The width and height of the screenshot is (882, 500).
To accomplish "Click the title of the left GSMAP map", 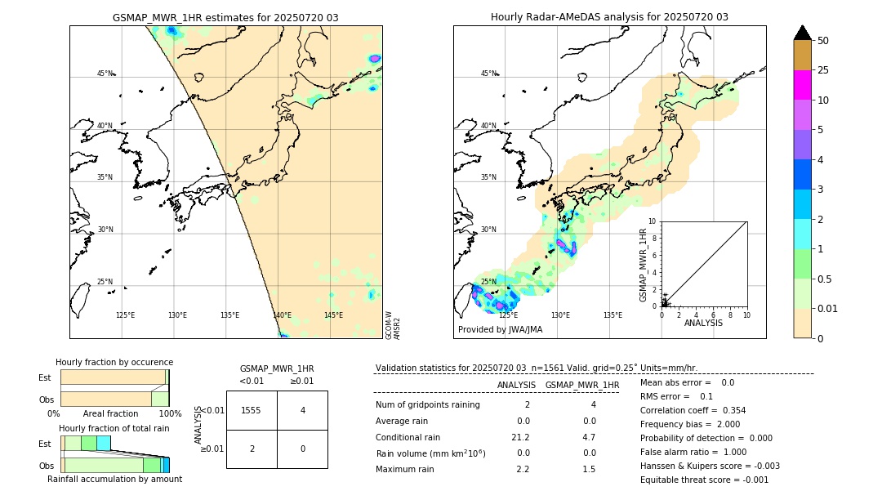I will click(225, 17).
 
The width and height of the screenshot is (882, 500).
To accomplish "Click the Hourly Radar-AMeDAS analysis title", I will click(609, 17).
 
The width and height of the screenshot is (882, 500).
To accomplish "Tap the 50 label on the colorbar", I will click(823, 41).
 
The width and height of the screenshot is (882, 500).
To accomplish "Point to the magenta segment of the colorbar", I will click(802, 85).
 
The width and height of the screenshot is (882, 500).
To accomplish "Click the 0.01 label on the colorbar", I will click(828, 308).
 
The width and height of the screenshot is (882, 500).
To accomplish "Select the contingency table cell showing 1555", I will click(252, 410).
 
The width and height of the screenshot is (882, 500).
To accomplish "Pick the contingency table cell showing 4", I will click(302, 410).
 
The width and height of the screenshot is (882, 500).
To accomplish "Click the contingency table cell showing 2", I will click(252, 449).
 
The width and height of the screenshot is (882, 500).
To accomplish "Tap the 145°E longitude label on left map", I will click(333, 315).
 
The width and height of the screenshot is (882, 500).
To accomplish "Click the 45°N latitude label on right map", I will click(488, 74).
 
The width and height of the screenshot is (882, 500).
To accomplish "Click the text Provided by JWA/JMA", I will click(500, 329).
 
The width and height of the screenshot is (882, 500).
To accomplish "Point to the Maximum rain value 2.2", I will click(523, 469).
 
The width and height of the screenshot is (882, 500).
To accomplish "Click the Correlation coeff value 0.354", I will click(729, 410).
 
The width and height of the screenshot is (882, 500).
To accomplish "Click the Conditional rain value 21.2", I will click(521, 436).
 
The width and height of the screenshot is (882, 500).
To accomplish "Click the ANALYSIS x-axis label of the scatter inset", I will click(704, 323).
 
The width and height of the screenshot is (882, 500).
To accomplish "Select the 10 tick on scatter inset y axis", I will click(653, 221).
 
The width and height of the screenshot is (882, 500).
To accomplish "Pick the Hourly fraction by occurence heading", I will click(114, 362).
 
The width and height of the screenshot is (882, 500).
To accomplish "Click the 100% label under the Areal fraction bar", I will click(169, 414).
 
